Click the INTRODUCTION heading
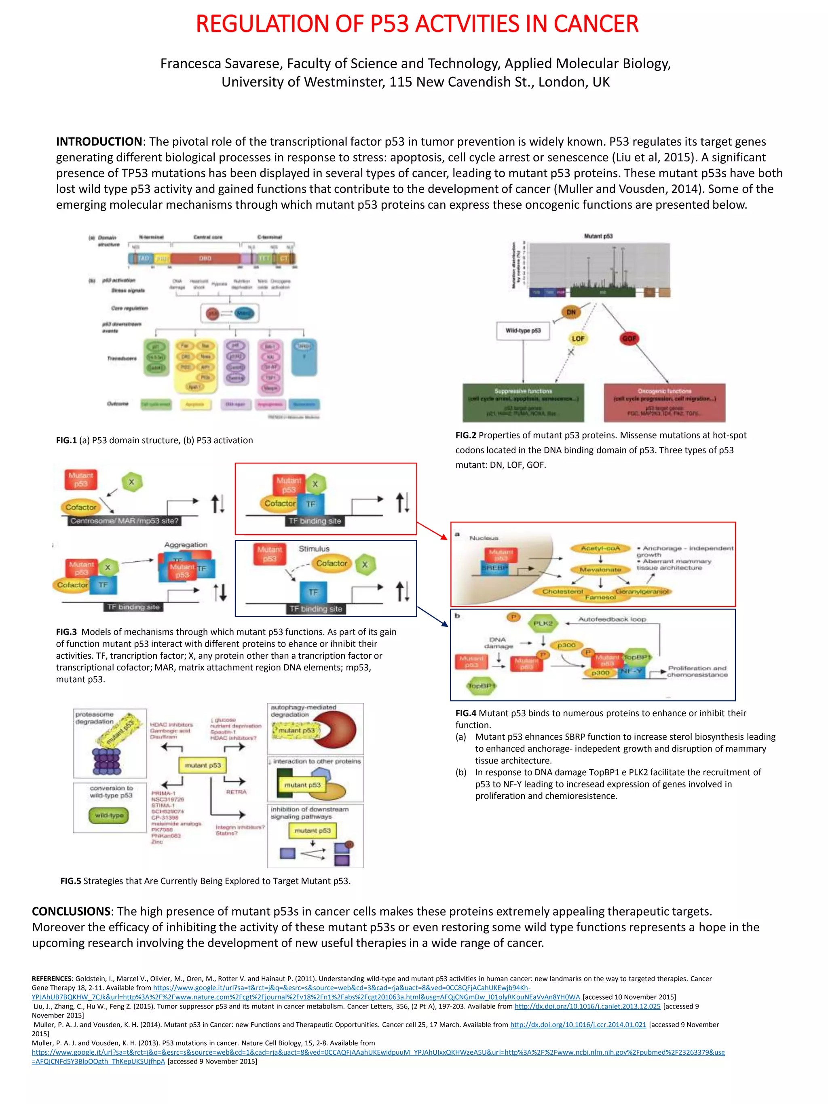pos(99,142)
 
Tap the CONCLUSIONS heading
pos(70,912)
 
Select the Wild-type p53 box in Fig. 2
pos(522,330)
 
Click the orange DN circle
pos(571,313)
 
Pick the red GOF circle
pos(629,338)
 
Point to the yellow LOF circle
pos(577,338)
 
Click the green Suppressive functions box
pos(523,402)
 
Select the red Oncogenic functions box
pos(664,402)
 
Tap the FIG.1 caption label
pos(66,440)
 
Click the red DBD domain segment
pos(205,258)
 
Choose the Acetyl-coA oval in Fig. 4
pos(600,548)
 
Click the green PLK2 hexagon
pos(543,623)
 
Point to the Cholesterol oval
pos(562,591)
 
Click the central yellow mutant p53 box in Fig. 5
pos(203,765)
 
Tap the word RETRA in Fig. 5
pos(236,792)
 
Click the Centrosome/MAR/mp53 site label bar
pos(124,521)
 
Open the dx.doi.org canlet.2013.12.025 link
pos(587,1006)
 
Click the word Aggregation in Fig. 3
pos(186,544)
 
